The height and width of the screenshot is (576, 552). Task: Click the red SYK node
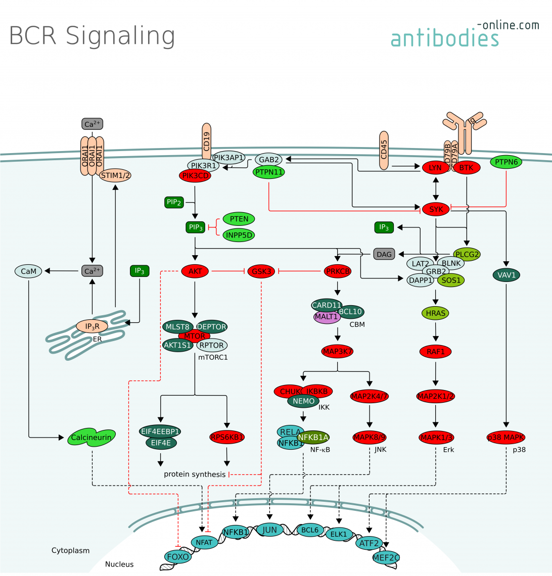click(436, 209)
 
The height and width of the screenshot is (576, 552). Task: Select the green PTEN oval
click(239, 219)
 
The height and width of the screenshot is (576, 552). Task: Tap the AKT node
click(195, 271)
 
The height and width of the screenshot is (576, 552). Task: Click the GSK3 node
click(261, 271)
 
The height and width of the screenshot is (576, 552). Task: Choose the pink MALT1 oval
click(326, 317)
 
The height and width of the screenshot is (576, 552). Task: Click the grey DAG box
click(384, 254)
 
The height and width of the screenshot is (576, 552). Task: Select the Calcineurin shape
click(92, 438)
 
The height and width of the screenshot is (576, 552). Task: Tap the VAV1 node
click(506, 275)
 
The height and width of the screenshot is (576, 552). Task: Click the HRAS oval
click(436, 313)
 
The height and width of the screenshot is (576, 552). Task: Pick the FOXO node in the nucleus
click(177, 557)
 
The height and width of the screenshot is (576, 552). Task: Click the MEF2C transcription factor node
click(386, 557)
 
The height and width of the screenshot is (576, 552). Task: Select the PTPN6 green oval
click(506, 162)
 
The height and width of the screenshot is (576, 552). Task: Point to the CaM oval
click(29, 271)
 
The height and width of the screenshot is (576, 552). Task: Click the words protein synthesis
click(195, 474)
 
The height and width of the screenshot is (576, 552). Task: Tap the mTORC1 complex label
click(213, 357)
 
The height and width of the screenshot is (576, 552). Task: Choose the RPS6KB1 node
click(227, 437)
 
